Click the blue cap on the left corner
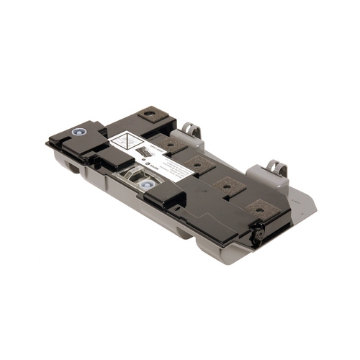76,133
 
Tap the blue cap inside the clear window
148,185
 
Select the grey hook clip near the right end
275,167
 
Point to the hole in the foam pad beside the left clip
151,114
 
